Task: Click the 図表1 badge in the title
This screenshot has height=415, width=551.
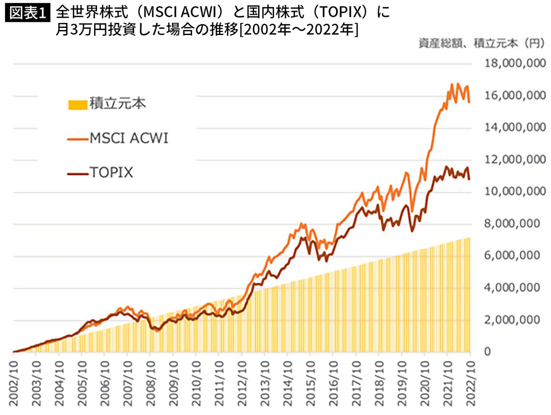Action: point(27,13)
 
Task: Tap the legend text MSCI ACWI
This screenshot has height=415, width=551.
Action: point(129,138)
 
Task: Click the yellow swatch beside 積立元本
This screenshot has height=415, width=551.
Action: point(78,104)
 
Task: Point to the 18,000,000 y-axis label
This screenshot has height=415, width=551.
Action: point(515,63)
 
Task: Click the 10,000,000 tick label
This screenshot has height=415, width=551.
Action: point(515,191)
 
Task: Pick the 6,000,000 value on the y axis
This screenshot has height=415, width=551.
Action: point(512,255)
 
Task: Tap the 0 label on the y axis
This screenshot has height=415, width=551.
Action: point(488,352)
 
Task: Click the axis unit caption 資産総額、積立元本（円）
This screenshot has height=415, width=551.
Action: point(482,43)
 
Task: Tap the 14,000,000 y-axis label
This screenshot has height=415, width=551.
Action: point(515,128)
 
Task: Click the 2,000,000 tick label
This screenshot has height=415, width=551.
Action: point(512,320)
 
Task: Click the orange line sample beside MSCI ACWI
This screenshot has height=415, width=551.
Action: point(78,139)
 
